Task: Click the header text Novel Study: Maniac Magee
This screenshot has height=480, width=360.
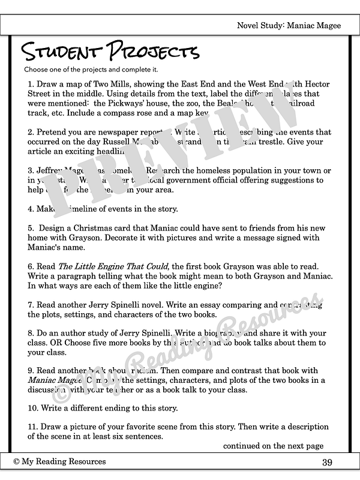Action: click(x=289, y=25)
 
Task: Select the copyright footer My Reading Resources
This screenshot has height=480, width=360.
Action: click(x=59, y=461)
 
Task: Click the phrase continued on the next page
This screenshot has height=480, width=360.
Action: click(x=273, y=446)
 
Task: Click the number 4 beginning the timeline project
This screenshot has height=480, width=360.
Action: click(x=30, y=209)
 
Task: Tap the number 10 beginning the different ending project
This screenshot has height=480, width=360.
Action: click(x=32, y=409)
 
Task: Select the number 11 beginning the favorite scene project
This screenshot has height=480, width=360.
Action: click(x=32, y=427)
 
